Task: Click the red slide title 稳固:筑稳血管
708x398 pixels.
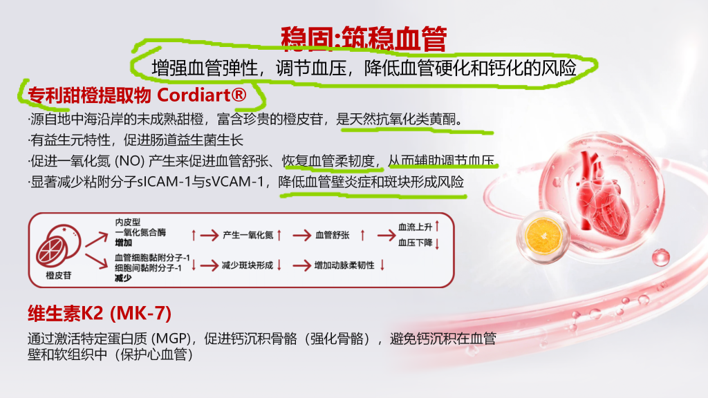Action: (x=364, y=39)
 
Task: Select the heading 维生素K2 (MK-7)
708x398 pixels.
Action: (x=100, y=313)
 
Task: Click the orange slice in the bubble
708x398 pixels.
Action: (x=543, y=236)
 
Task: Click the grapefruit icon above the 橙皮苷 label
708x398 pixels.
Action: (x=58, y=246)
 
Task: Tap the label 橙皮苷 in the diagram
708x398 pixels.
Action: (x=59, y=275)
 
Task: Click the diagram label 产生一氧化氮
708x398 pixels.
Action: (x=248, y=235)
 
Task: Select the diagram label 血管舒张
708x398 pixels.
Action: (x=333, y=235)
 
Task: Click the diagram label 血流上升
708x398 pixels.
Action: (x=415, y=227)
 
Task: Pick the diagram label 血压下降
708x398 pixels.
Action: (x=415, y=243)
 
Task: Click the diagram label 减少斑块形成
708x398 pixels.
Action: (x=248, y=265)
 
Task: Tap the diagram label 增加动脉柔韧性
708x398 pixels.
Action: (x=344, y=265)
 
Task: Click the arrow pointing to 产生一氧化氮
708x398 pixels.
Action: (x=209, y=235)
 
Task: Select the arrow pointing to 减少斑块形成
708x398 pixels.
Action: (x=209, y=265)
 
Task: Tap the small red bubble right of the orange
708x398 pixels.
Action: (x=660, y=257)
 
